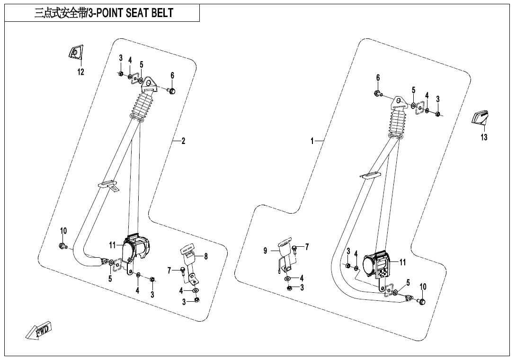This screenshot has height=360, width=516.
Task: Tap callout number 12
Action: tap(81, 72)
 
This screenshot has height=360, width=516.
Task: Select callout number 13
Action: tap(484, 137)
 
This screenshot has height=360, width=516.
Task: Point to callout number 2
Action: tap(183, 141)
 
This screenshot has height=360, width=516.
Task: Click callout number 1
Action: tap(312, 141)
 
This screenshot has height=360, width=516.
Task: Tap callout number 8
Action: tap(206, 256)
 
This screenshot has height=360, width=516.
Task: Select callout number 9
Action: tap(266, 251)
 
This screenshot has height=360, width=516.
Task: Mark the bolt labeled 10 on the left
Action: tap(62, 246)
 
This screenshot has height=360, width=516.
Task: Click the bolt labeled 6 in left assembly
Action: tap(171, 90)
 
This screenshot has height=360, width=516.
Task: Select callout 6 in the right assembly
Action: tap(378, 78)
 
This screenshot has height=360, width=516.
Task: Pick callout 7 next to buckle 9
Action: tap(307, 247)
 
